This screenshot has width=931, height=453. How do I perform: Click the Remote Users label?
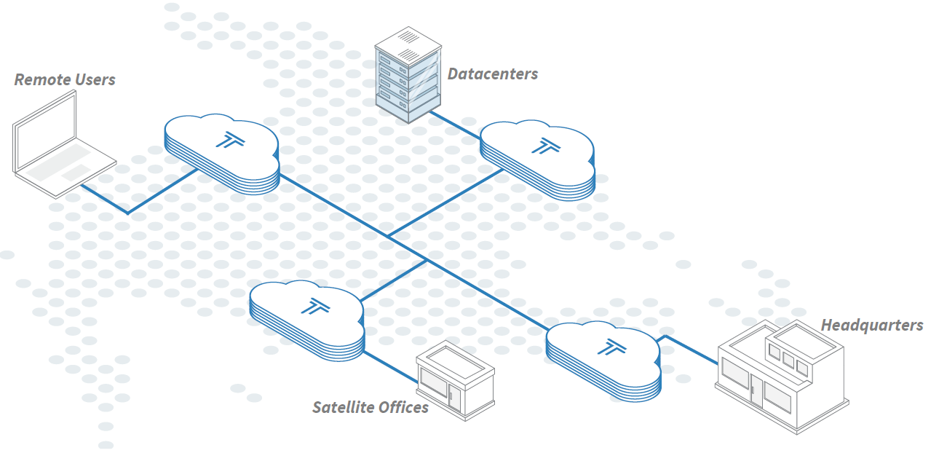click(65, 79)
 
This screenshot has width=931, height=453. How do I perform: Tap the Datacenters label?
click(492, 74)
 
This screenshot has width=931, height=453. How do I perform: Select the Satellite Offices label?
click(371, 407)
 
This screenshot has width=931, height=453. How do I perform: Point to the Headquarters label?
click(871, 325)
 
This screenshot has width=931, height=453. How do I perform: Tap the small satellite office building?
click(455, 382)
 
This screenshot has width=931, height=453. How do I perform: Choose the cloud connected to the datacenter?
click(537, 159)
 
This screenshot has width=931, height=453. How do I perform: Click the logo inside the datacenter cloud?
click(542, 146)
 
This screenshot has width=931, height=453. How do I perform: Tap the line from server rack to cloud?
click(455, 125)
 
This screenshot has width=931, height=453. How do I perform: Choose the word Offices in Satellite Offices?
click(401, 407)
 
